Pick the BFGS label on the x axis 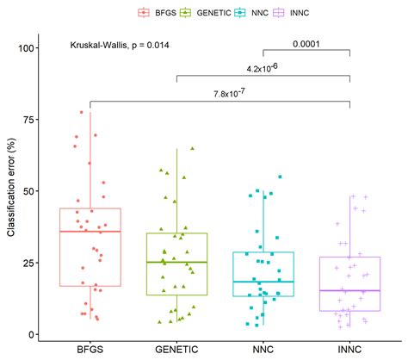pos(90,350)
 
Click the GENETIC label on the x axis pos(176,350)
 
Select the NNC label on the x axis pos(263,350)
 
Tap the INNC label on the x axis pos(350,350)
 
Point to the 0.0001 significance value pos(306,44)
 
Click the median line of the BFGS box pos(90,232)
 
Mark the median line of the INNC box pos(350,290)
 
